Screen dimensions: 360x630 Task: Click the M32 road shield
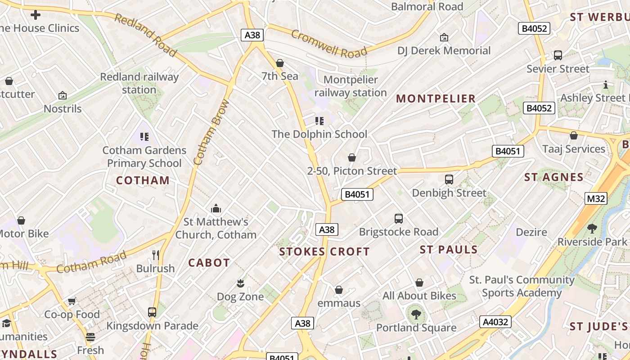(596, 198)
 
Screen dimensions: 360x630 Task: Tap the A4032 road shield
(495, 322)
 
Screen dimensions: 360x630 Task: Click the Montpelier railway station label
(351, 86)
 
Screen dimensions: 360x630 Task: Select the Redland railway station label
(139, 83)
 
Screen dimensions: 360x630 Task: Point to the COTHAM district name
(143, 180)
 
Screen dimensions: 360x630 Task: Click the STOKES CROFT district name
(324, 252)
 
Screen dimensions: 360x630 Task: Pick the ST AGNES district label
(554, 177)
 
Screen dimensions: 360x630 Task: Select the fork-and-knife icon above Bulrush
(156, 255)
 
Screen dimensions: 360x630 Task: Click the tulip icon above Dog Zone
(240, 283)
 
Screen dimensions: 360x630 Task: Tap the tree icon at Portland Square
(416, 314)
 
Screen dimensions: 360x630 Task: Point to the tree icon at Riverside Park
(592, 228)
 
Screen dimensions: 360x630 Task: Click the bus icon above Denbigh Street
(449, 179)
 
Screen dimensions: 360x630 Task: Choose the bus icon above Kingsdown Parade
(152, 312)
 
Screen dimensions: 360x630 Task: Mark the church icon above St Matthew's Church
(216, 208)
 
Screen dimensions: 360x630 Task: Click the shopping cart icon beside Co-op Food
(72, 301)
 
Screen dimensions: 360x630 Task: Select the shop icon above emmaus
(339, 289)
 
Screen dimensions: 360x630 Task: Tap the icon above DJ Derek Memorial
(444, 37)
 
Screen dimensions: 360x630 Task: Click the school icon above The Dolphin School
(319, 121)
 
